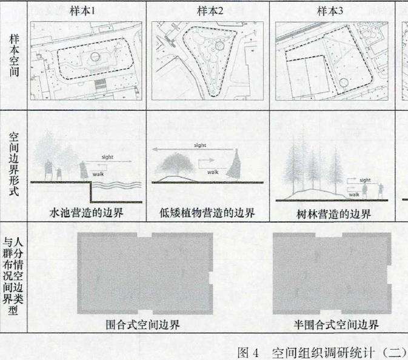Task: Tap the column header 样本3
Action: click(x=329, y=10)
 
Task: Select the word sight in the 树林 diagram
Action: click(x=365, y=180)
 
